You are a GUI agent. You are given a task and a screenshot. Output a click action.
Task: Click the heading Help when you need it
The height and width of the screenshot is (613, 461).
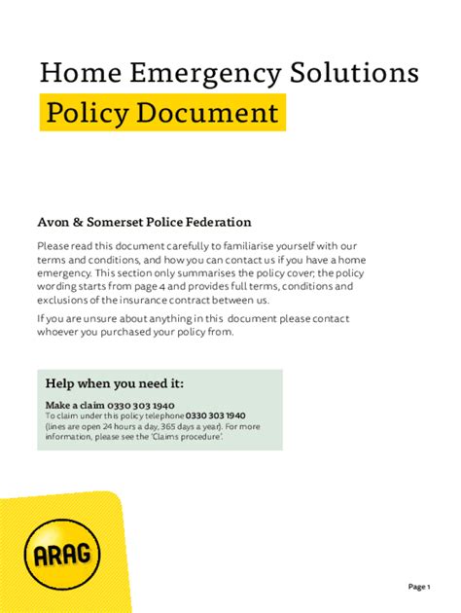[x=114, y=383]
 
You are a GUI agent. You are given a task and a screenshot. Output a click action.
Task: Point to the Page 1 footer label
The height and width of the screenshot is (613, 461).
[x=419, y=587]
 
